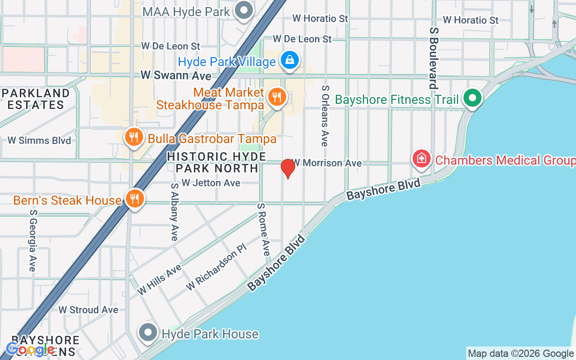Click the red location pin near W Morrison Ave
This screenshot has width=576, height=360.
pyautogui.click(x=288, y=168)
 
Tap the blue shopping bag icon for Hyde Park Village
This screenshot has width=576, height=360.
pyautogui.click(x=290, y=60)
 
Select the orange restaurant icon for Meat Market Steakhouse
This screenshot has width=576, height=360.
pyautogui.click(x=277, y=97)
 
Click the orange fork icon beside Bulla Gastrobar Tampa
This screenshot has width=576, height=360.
pyautogui.click(x=134, y=137)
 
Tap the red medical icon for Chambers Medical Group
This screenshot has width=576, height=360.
pyautogui.click(x=422, y=159)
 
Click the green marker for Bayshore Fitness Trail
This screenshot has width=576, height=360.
pyautogui.click(x=472, y=98)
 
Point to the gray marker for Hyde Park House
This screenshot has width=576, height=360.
pyautogui.click(x=148, y=333)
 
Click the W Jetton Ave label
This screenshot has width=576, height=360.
pyautogui.click(x=211, y=183)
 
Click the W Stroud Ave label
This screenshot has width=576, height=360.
pyautogui.click(x=88, y=310)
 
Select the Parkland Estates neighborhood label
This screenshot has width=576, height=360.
pyautogui.click(x=36, y=99)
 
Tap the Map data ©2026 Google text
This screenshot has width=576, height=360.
pyautogui.click(x=520, y=354)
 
